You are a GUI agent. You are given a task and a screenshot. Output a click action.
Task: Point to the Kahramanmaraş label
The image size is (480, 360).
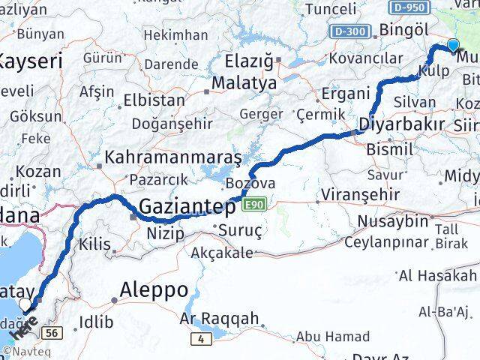173,158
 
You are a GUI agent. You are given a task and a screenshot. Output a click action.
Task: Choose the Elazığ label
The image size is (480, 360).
249,59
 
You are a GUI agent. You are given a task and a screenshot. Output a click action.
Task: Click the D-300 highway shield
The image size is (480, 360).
349,31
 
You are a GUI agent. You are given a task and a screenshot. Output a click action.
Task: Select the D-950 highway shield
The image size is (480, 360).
409,7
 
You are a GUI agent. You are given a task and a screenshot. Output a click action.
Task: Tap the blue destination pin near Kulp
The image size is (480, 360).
452,45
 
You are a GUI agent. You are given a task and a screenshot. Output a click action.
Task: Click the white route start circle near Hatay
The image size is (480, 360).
26,304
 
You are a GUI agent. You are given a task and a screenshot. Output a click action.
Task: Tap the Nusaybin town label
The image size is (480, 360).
392,221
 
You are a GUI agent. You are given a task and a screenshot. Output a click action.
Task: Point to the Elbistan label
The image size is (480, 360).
154,100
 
